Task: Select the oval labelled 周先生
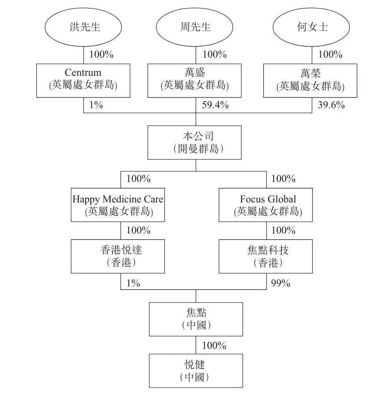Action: [x=196, y=27]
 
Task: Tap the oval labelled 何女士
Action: [x=312, y=27]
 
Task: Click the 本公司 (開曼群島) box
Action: [x=194, y=142]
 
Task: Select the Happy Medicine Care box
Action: [x=118, y=205]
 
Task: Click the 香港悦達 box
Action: [x=118, y=256]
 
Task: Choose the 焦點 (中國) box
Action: [x=196, y=319]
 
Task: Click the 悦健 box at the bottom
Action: [x=196, y=371]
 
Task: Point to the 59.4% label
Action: [x=215, y=105]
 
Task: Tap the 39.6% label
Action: [x=331, y=105]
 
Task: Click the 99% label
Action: [x=281, y=283]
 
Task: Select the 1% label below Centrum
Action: [x=96, y=105]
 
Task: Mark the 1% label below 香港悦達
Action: [x=133, y=283]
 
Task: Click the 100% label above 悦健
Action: [x=214, y=346]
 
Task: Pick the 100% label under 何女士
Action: [x=330, y=54]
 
